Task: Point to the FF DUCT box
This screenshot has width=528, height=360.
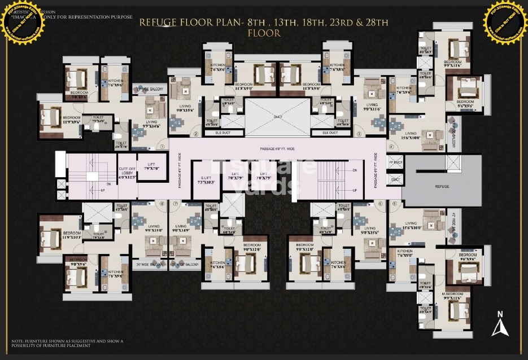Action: pyautogui.click(x=395, y=163)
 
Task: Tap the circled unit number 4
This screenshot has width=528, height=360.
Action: pyautogui.click(x=390, y=148)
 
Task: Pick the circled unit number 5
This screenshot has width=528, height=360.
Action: pyautogui.click(x=395, y=204)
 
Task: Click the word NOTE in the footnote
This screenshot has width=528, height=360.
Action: pyautogui.click(x=17, y=341)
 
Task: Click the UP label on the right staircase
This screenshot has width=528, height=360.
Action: pyautogui.click(x=354, y=190)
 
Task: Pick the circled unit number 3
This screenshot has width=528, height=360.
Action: pyautogui.click(x=359, y=134)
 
